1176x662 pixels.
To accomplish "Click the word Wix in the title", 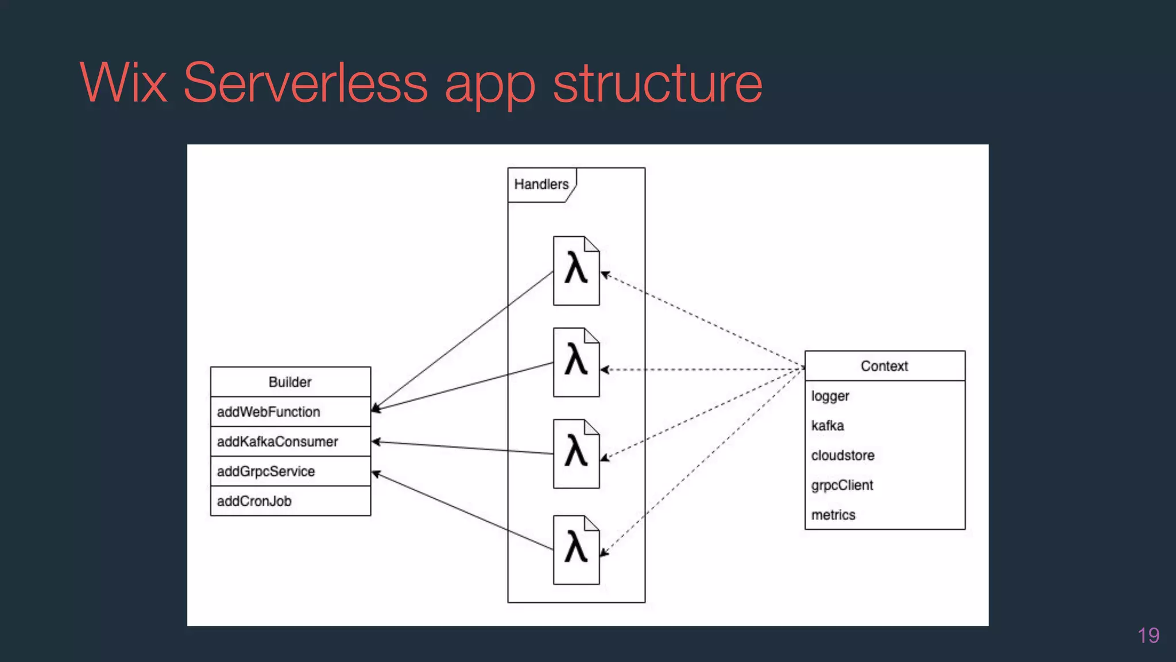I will click(x=123, y=83).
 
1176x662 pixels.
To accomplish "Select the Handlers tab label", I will click(x=541, y=184).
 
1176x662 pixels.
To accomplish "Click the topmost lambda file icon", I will click(x=576, y=271).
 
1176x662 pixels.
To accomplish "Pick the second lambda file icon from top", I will click(x=576, y=362).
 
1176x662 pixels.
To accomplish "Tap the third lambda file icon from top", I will click(x=576, y=453).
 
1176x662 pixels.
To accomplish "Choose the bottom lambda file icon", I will click(x=576, y=549).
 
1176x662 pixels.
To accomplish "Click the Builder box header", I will click(x=290, y=382).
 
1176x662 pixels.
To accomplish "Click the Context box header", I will click(x=884, y=366).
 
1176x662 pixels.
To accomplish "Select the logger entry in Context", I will click(x=830, y=396).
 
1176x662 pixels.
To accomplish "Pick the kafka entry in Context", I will click(x=827, y=426).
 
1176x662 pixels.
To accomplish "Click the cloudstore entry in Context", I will click(x=842, y=456).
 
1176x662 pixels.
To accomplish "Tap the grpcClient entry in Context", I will click(x=842, y=486).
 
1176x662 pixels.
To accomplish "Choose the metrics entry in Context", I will click(x=833, y=515).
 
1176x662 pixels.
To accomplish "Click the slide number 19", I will click(x=1148, y=636).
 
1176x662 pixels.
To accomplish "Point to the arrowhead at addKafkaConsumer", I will click(x=376, y=442).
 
